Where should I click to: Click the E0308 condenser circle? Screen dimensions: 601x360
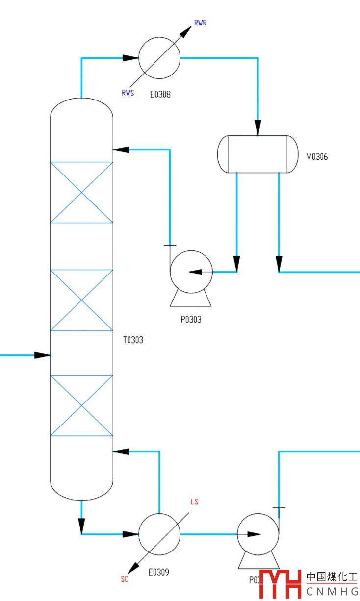click(159, 58)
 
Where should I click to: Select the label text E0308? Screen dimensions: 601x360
click(160, 95)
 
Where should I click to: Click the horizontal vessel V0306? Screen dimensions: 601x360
click(257, 154)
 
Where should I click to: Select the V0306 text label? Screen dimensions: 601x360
click(317, 157)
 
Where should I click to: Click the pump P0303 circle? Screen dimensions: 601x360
click(191, 272)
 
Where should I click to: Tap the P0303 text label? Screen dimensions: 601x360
click(191, 320)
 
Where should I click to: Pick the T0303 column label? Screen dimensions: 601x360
click(133, 340)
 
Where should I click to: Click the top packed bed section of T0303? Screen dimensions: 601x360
click(82, 192)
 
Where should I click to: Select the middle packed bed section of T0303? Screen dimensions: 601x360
click(82, 300)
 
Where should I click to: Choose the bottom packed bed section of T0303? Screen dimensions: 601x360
click(82, 405)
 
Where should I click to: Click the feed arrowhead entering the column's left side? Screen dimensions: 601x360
click(43, 355)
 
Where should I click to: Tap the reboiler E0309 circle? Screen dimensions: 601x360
click(159, 534)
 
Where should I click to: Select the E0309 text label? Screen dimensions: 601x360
click(159, 572)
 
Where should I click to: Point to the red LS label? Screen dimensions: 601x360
click(194, 502)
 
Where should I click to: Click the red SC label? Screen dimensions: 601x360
click(125, 579)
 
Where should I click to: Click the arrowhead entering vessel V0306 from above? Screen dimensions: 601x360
click(258, 128)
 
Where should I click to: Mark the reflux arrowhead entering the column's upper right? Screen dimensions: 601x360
click(121, 150)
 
